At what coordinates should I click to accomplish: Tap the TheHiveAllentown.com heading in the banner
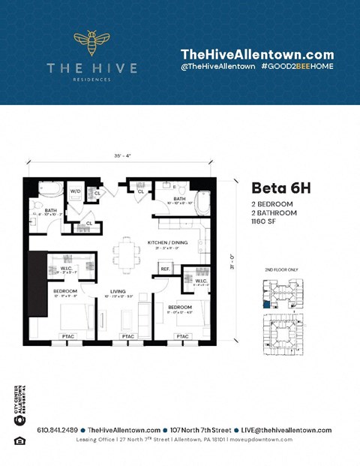(x=257, y=55)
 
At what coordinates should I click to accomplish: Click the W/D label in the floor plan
(x=76, y=191)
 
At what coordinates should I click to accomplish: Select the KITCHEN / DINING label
(x=168, y=243)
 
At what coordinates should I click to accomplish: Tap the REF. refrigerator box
(x=165, y=268)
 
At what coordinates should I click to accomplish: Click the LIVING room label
(x=118, y=291)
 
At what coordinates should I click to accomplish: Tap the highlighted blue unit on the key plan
(x=265, y=305)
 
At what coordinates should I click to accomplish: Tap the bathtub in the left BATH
(x=49, y=189)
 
